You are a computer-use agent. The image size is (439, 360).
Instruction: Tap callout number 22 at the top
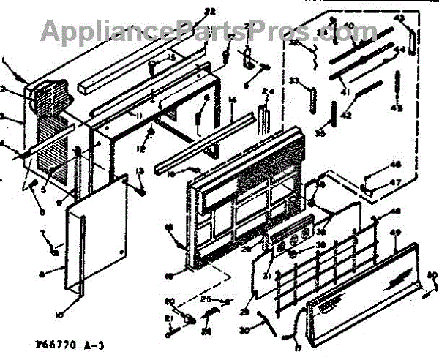tap(189, 11)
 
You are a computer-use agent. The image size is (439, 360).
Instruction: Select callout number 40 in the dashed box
tap(348, 27)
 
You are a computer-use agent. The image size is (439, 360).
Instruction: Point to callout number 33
tap(294, 80)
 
